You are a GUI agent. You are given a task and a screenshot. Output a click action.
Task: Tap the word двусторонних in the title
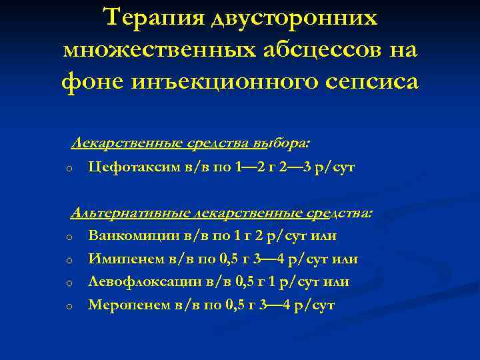[294, 19]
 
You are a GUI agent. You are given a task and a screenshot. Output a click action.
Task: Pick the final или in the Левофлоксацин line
[336, 282]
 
